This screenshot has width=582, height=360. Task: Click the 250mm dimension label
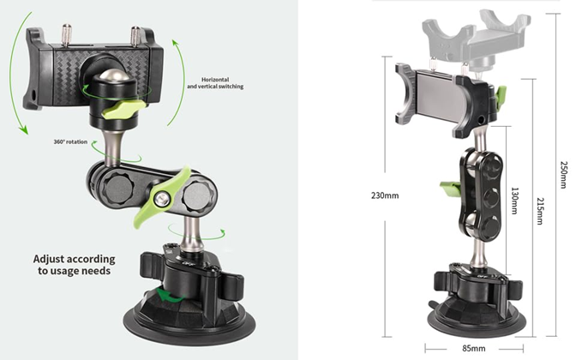tap(563, 175)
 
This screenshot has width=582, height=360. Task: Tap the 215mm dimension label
tap(540, 211)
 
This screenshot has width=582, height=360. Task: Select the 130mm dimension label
tap(515, 201)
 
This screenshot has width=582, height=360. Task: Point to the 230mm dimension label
tap(385, 195)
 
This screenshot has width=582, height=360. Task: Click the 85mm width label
tap(474, 348)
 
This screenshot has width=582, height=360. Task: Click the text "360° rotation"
tap(70, 141)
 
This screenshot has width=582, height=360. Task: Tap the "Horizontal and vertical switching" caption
tap(215, 83)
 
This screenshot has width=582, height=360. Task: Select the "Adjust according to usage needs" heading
tap(75, 265)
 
